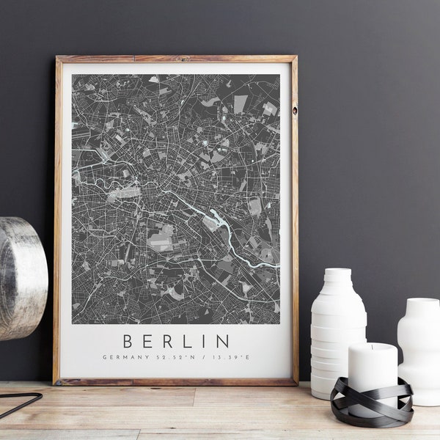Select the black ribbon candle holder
371,404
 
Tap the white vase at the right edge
419,345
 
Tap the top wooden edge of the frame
176,59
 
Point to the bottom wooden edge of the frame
176,381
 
